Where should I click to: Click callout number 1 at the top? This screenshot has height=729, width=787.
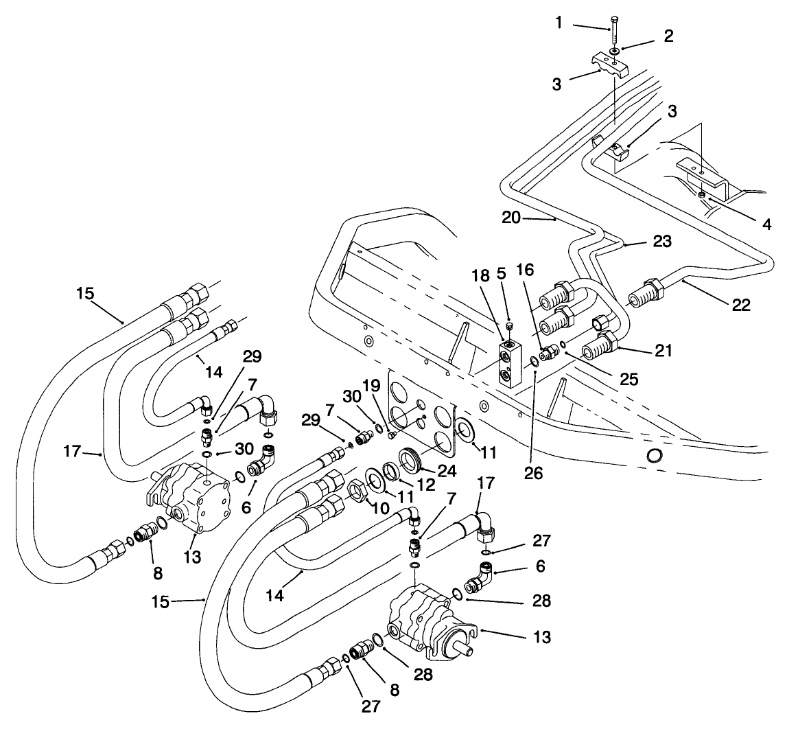click(559, 23)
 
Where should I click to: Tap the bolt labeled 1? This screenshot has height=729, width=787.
click(612, 30)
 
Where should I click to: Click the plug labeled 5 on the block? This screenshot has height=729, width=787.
click(510, 325)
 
